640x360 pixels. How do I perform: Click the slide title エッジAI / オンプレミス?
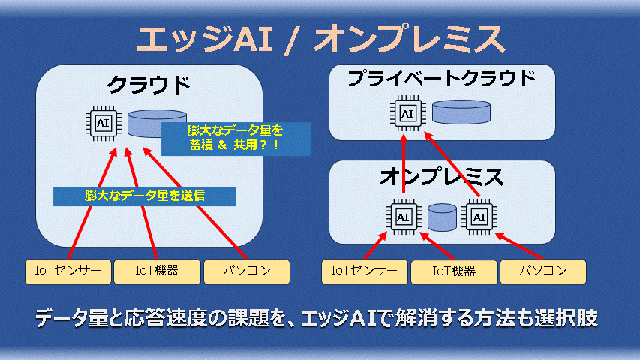pos(320,39)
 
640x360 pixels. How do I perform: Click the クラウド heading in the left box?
pos(149,84)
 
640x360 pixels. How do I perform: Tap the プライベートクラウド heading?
pos(442,79)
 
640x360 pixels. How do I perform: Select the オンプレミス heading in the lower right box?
pos(442,178)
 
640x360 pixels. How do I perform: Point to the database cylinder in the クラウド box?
pos(146,124)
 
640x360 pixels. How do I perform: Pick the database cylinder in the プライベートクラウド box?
pos(461,112)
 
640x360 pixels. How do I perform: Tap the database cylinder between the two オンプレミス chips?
pos(443,217)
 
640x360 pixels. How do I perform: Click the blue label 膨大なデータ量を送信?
pos(145,196)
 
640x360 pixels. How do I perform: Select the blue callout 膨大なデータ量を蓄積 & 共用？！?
pos(235,139)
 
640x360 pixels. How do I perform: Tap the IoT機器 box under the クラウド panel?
pos(156,271)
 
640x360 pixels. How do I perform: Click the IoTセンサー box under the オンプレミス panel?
pos(365,271)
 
